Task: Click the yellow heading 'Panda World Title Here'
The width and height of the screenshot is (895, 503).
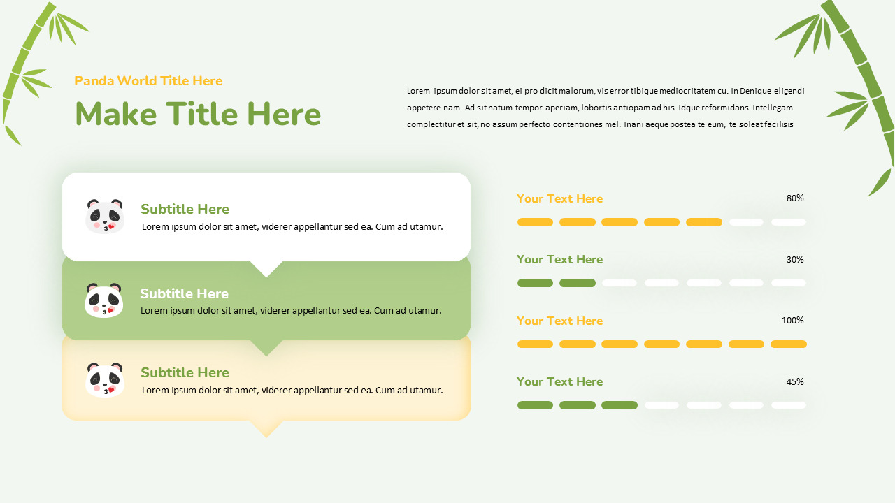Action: click(x=148, y=81)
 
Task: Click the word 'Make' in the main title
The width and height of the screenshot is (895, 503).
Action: click(x=115, y=115)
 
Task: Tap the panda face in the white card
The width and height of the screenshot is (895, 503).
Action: click(x=104, y=216)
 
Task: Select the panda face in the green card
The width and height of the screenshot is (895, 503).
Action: click(x=103, y=300)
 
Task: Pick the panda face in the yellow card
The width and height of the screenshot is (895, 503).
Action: click(x=104, y=380)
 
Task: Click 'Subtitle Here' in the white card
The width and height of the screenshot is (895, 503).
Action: click(x=185, y=209)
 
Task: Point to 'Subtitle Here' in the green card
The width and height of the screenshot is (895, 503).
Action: click(x=184, y=293)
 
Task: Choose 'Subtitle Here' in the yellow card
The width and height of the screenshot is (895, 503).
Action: click(x=185, y=372)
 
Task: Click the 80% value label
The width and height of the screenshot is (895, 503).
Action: click(x=795, y=198)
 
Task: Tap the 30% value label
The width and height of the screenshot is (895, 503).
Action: click(x=795, y=260)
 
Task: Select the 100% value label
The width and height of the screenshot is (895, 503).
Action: click(x=793, y=321)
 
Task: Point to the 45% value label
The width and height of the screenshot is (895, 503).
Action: click(x=795, y=382)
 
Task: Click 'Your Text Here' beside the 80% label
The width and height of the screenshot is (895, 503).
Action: click(x=559, y=198)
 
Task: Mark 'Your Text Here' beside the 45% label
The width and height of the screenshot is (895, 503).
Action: click(x=559, y=381)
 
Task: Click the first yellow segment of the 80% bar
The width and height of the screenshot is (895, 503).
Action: click(x=535, y=222)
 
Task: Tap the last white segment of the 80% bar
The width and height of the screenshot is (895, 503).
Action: click(x=789, y=222)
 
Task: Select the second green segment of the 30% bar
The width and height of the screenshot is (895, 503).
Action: click(x=578, y=283)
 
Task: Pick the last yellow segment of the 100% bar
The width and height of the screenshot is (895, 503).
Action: click(x=789, y=344)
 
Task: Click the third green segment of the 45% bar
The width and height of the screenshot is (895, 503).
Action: click(x=620, y=405)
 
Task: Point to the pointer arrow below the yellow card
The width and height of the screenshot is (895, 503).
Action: click(x=266, y=428)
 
